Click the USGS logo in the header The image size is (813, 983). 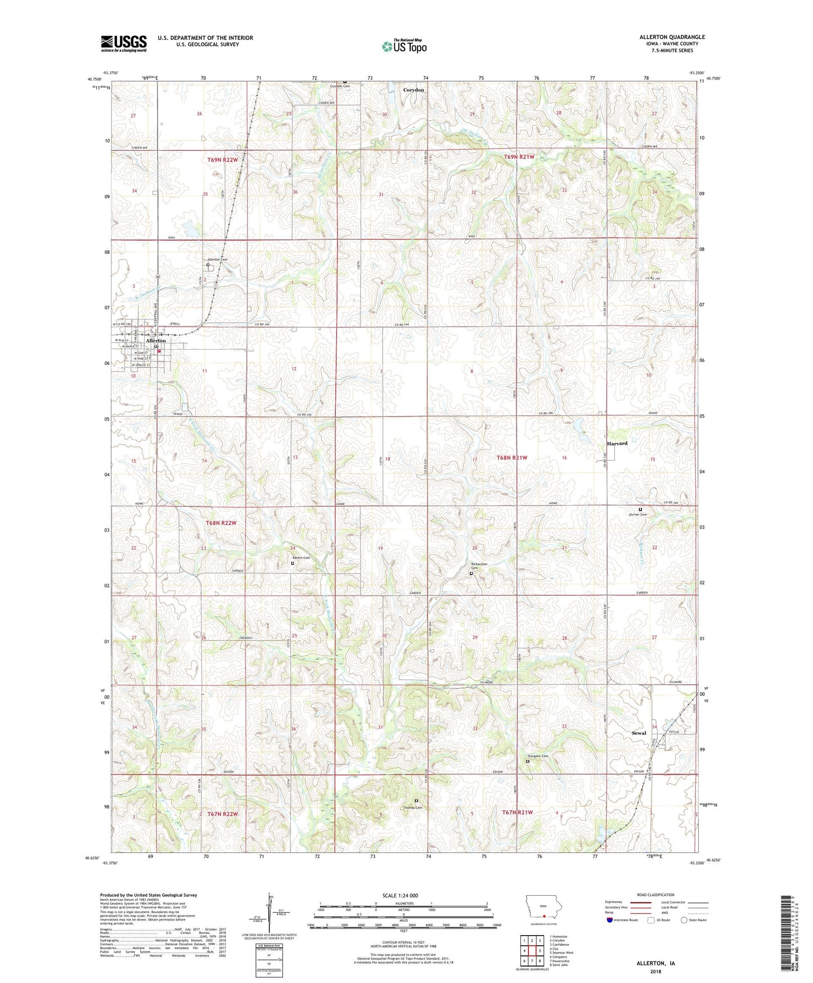(124, 43)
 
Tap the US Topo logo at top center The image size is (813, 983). (404, 46)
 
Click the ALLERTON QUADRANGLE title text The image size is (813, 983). (672, 37)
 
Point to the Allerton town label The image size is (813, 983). (156, 341)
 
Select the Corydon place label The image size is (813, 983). (414, 90)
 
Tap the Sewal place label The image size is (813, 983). (639, 733)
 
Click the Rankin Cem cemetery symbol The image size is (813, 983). (293, 563)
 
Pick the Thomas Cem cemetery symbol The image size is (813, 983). (416, 801)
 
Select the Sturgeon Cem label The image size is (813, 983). (537, 756)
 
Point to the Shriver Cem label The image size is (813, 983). (637, 515)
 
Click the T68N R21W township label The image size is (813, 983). (511, 458)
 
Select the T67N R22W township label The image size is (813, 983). (222, 814)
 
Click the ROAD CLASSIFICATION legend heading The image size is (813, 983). (655, 895)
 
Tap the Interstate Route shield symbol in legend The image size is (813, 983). (609, 919)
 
